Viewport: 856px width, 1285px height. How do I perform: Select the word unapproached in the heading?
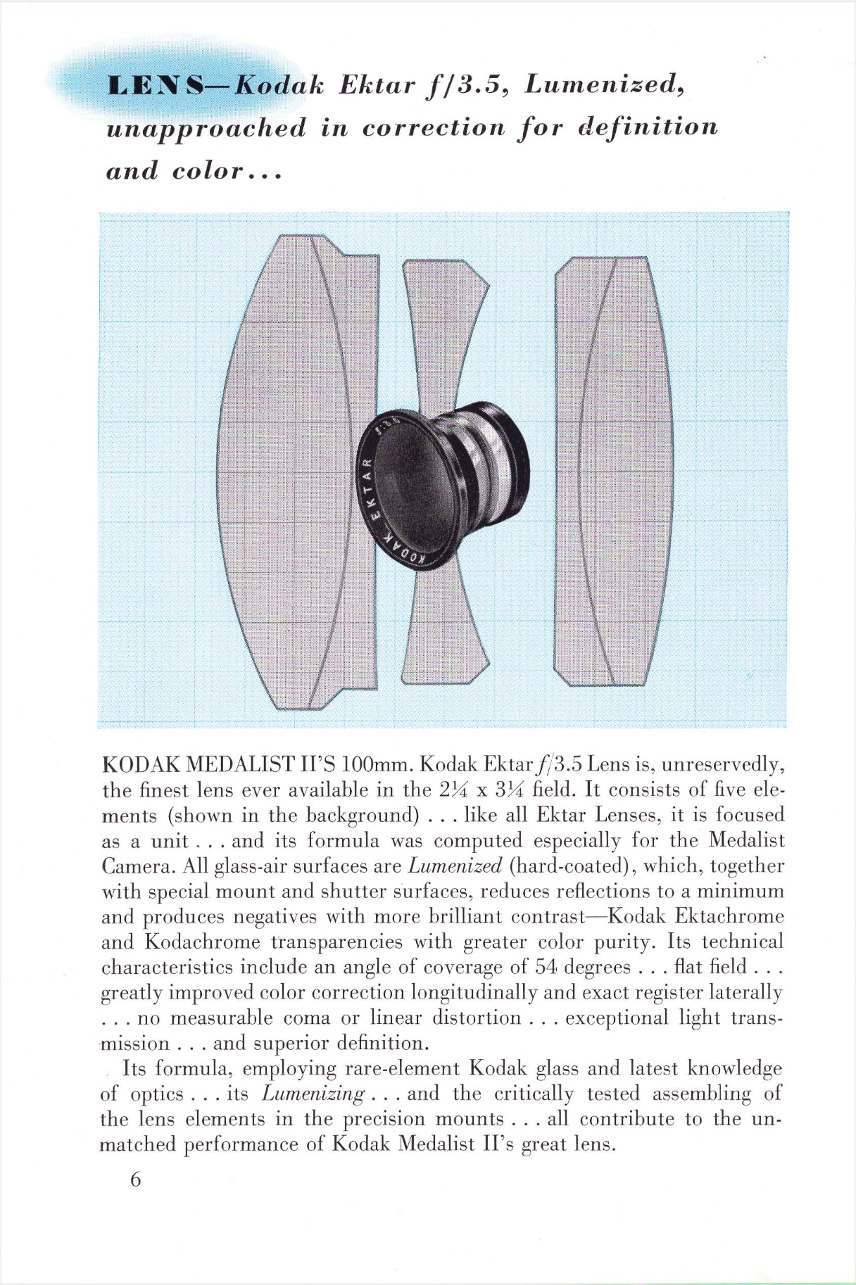click(x=206, y=128)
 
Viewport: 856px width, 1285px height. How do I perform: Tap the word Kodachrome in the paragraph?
click(x=203, y=942)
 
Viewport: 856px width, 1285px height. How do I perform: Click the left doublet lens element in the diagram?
click(x=296, y=471)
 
